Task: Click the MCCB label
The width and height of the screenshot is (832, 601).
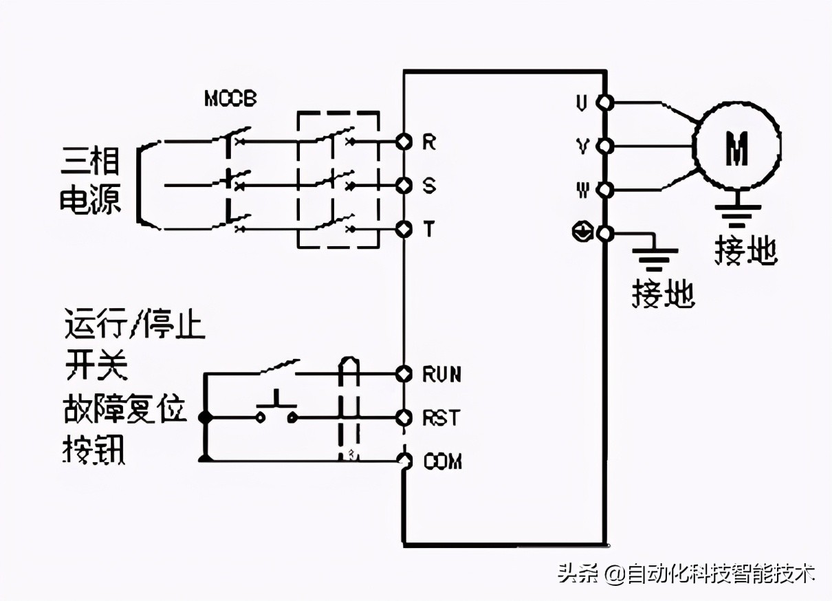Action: (x=230, y=99)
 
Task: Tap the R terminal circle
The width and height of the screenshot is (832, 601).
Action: (x=404, y=142)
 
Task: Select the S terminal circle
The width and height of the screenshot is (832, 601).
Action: (x=404, y=186)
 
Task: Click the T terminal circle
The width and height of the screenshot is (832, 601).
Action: (x=404, y=229)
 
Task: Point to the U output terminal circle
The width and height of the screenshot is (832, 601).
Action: (x=604, y=103)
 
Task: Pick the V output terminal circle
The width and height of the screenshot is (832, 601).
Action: (x=604, y=146)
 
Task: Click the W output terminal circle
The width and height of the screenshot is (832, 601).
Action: (x=604, y=190)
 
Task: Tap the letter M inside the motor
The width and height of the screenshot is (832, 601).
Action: (x=736, y=147)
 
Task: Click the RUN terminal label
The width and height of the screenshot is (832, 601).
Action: (x=441, y=375)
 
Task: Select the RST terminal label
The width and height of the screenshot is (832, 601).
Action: (x=440, y=418)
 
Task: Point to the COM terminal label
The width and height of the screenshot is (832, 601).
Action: (x=442, y=461)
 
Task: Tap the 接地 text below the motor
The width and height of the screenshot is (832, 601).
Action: (x=745, y=252)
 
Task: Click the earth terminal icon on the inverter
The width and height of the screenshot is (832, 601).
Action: (x=582, y=233)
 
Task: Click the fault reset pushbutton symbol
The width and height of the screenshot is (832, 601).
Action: (x=277, y=410)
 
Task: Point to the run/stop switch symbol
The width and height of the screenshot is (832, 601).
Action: (x=278, y=368)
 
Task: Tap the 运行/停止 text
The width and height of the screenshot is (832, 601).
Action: (x=135, y=325)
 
